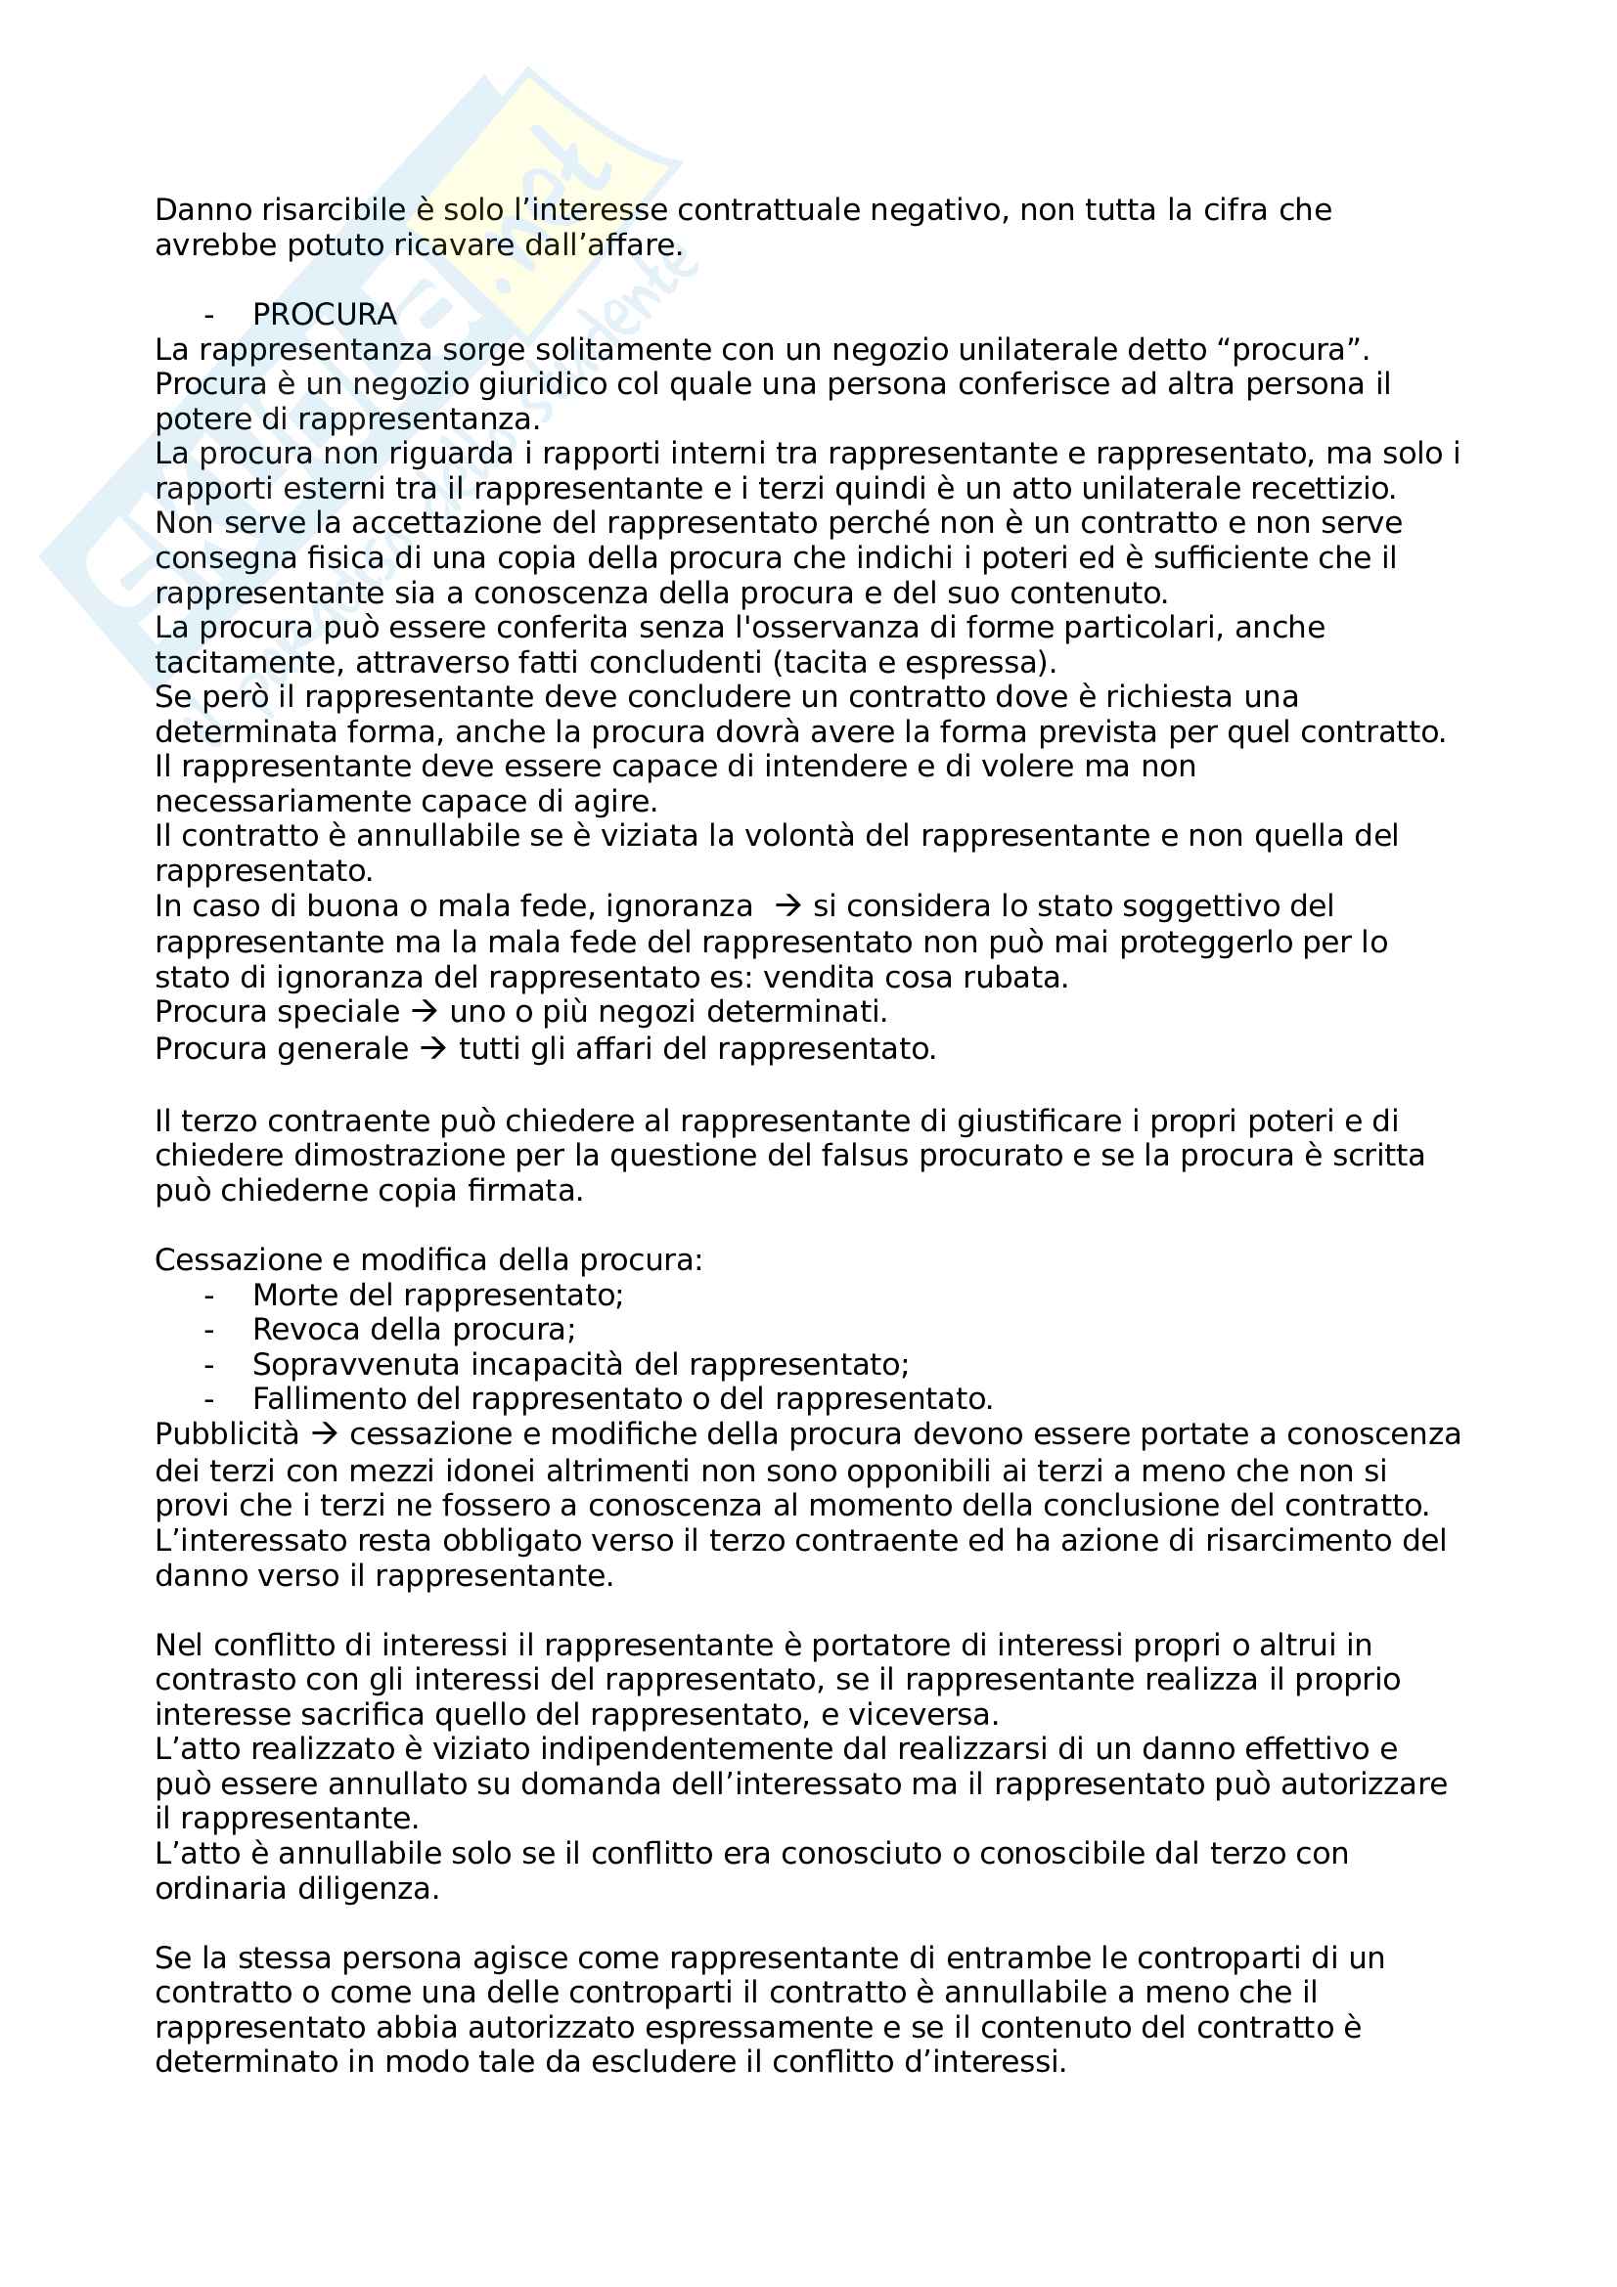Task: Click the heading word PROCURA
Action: (324, 315)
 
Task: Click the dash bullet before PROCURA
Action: (208, 315)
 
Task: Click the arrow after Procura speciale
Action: (425, 1012)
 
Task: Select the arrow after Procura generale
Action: (433, 1049)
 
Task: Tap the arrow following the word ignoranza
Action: (788, 906)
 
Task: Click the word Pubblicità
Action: (226, 1434)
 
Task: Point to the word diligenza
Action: (368, 1889)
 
